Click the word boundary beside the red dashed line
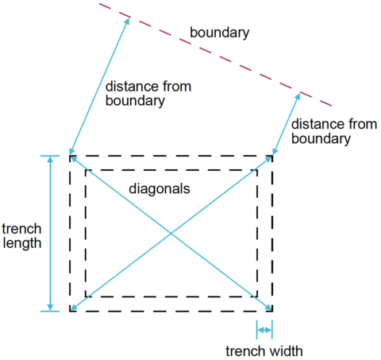tap(220, 33)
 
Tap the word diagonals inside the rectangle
tap(160, 189)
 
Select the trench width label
tap(264, 351)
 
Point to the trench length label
tap(21, 236)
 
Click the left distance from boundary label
tap(148, 94)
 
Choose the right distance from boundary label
tap(334, 131)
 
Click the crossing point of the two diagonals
tap(171, 234)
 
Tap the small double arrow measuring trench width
tap(264, 330)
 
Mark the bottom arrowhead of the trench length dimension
tap(50, 308)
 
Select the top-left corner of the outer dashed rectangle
tap(70, 156)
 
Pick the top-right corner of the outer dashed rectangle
tap(272, 156)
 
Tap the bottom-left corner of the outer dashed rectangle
tap(70, 311)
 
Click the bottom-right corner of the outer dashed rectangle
tap(272, 311)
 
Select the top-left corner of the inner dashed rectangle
tap(86, 170)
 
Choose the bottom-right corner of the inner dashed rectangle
tap(257, 296)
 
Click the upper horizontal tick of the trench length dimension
tap(50, 156)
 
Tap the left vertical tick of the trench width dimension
tap(256, 330)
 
